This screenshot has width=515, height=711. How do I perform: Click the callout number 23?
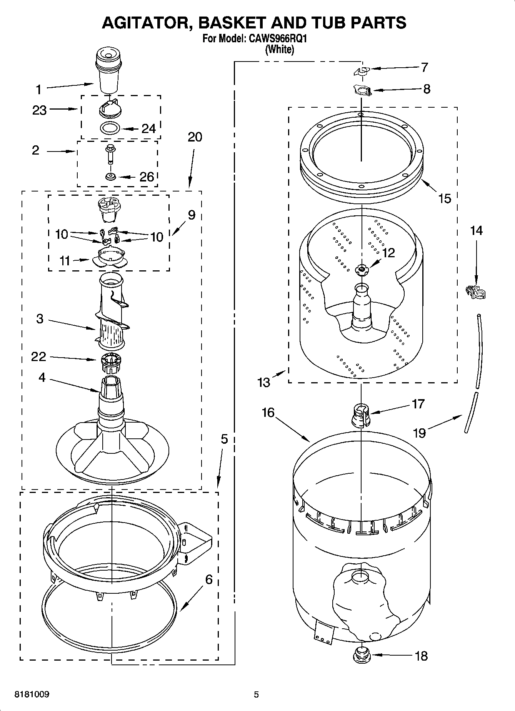pos(39,110)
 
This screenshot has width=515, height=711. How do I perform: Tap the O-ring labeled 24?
pos(110,128)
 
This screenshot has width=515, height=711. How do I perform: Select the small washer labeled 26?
pos(111,177)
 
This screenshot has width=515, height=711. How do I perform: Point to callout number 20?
pos(195,137)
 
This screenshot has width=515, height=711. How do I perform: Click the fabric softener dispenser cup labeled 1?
pos(108,71)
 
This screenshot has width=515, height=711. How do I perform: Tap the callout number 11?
pos(65,261)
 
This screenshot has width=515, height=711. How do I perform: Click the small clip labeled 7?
pos(361,71)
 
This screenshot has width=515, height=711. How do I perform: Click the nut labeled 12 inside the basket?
pos(361,270)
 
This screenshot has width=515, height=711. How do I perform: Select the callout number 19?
pos(419,433)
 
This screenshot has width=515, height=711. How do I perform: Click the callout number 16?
pos(268,413)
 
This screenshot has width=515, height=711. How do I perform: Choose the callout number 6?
pos(208,579)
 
